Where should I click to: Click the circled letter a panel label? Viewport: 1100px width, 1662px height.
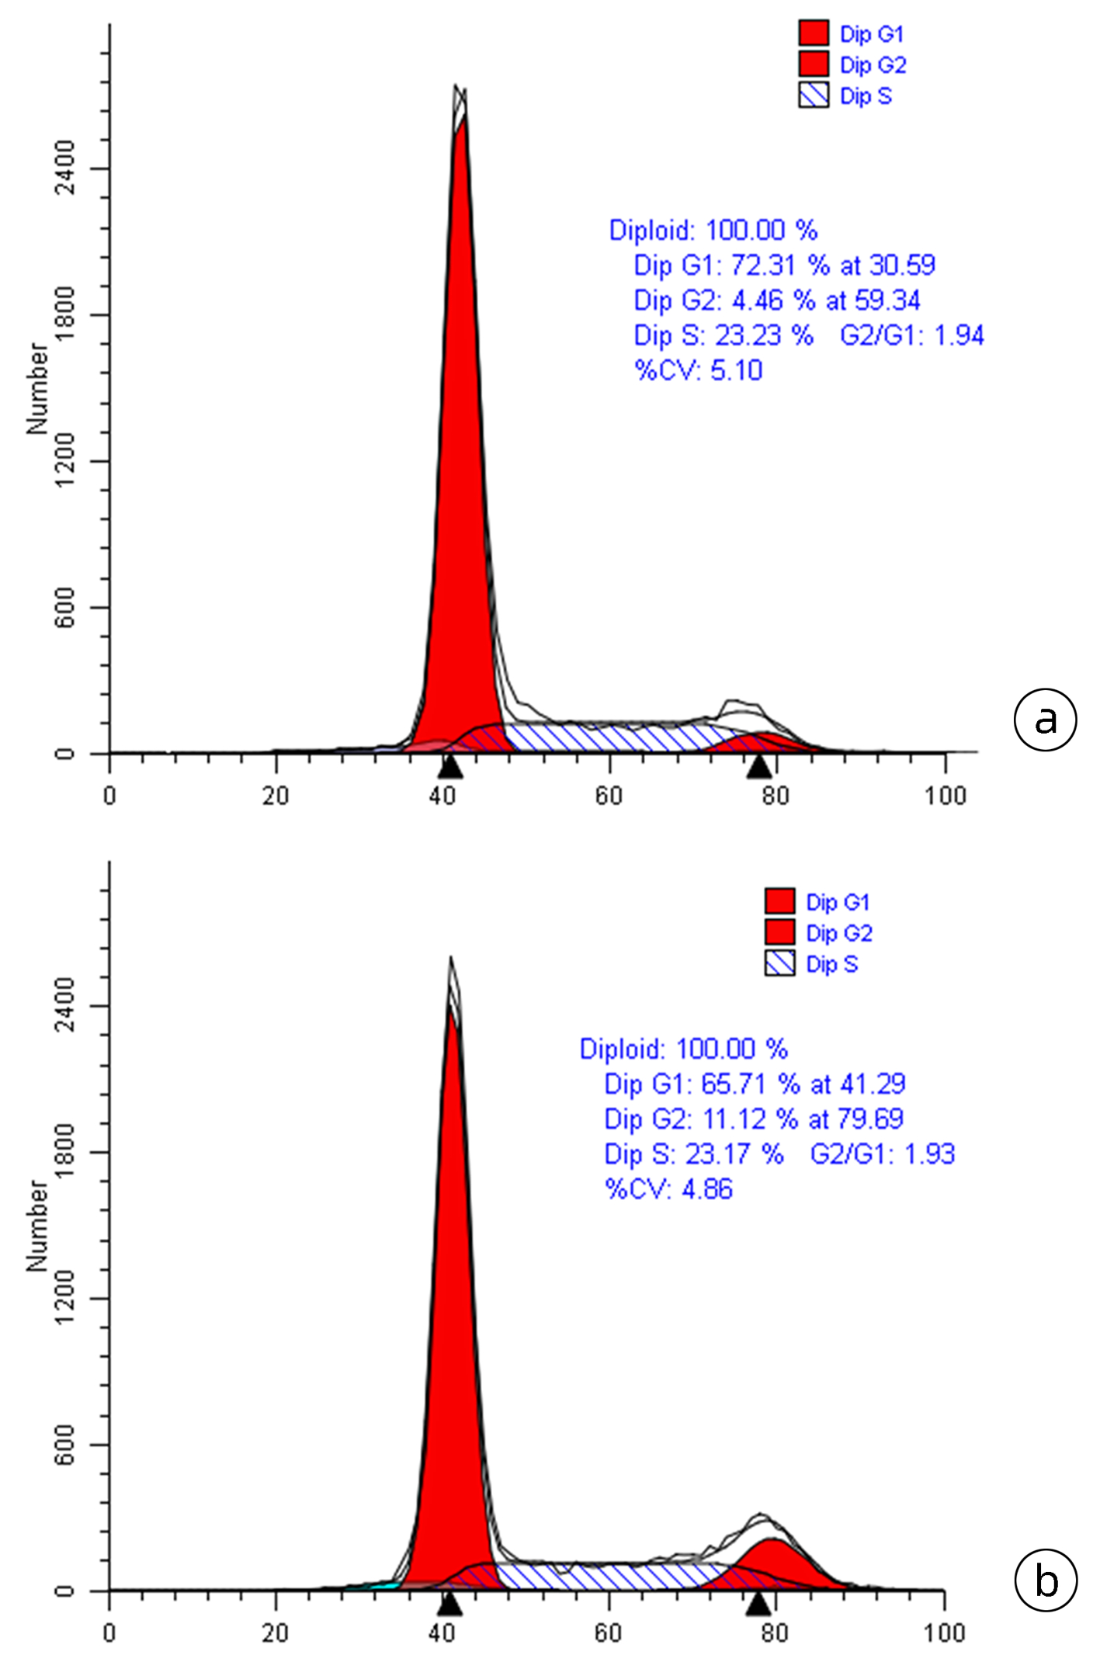point(1045,720)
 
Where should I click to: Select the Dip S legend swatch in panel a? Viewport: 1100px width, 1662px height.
point(814,95)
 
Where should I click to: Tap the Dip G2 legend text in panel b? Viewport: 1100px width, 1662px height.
point(839,932)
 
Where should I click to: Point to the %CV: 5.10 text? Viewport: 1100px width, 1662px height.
point(698,370)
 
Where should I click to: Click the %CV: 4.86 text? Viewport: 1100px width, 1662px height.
point(668,1188)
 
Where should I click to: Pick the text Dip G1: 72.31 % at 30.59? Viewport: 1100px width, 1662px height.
point(784,265)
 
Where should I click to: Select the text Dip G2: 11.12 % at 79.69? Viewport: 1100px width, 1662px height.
point(753,1119)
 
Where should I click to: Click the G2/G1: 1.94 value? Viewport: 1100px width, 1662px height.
point(911,335)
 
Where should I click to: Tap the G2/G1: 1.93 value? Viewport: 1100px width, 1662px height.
point(882,1154)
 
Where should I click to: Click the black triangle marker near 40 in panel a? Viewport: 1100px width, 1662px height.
point(450,767)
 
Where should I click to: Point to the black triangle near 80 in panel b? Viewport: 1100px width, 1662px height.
point(758,1605)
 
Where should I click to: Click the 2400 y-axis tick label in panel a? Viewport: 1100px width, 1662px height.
point(64,168)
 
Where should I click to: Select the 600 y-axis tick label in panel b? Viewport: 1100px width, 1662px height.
point(64,1445)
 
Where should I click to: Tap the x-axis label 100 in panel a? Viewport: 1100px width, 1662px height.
point(945,796)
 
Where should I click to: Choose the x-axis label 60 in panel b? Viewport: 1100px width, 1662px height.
point(609,1633)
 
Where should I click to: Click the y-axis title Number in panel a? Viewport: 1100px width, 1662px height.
point(36,388)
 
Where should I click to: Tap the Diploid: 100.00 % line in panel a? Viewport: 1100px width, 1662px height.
point(713,231)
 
